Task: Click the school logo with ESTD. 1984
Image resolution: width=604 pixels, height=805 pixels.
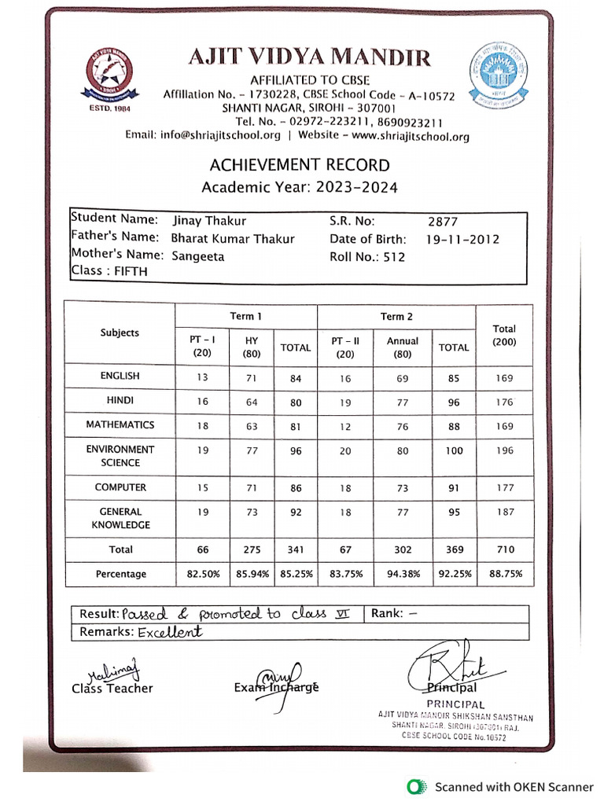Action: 109,77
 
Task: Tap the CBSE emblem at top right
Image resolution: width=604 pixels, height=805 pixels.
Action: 498,75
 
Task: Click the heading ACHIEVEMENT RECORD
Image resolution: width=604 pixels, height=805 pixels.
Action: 299,165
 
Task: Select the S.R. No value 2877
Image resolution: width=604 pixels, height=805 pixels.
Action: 443,222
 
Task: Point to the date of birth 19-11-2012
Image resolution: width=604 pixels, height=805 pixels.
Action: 463,239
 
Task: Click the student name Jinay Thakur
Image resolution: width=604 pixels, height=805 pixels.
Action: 209,221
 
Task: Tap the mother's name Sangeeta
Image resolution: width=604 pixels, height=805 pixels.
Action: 197,256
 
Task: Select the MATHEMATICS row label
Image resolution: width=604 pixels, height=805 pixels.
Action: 120,425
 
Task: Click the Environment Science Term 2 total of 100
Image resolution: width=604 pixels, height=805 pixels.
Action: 454,450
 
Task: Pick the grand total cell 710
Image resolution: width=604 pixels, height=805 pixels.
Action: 504,550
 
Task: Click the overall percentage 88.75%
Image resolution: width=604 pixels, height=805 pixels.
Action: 505,575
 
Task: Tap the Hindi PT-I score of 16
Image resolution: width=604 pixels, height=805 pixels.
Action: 202,402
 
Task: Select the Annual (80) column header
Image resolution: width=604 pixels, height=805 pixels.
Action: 403,347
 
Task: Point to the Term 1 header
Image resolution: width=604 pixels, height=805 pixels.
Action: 245,316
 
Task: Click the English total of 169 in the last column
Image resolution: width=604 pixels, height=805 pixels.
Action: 504,378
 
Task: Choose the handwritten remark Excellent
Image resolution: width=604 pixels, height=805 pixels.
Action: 170,632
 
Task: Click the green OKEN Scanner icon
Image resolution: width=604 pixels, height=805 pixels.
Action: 414,786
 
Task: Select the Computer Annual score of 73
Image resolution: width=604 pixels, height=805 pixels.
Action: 403,488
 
